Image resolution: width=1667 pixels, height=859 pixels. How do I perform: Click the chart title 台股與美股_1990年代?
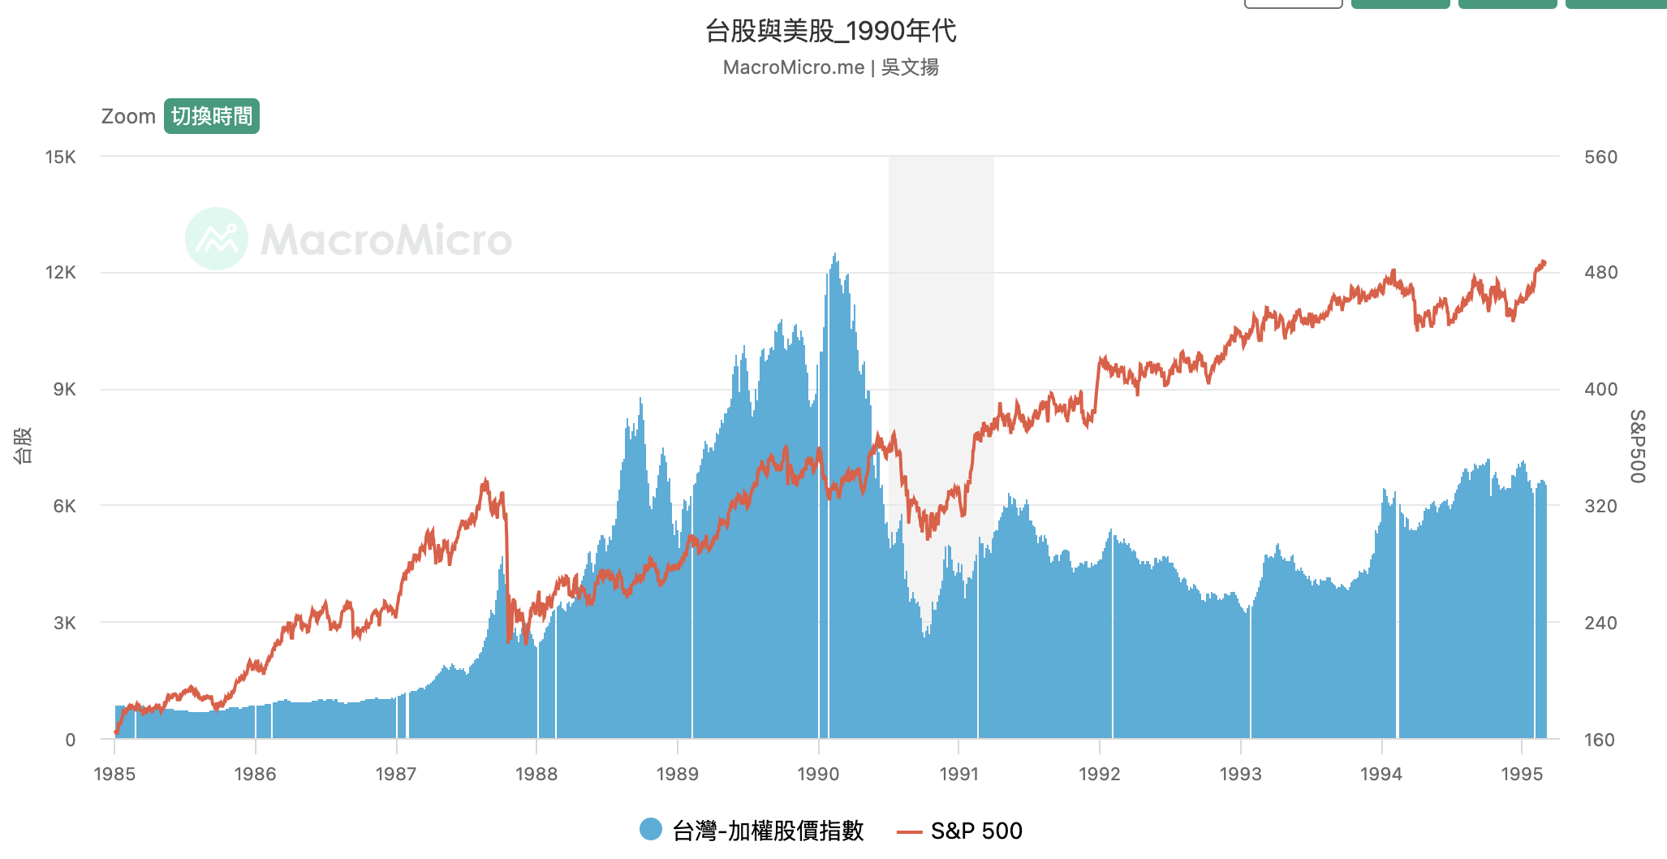click(830, 31)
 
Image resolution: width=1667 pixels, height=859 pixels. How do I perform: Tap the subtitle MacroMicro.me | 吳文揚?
click(830, 67)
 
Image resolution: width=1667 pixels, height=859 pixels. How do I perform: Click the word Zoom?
click(128, 116)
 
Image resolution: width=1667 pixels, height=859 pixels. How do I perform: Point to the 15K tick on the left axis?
click(61, 157)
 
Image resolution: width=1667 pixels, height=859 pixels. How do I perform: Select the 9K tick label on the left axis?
click(64, 390)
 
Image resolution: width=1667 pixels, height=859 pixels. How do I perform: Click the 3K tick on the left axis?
click(64, 623)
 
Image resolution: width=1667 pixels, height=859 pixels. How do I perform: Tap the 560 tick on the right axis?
click(1600, 157)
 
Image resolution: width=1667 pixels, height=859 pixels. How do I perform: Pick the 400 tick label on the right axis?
click(1600, 390)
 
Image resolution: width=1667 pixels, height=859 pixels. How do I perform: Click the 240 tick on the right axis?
click(1600, 623)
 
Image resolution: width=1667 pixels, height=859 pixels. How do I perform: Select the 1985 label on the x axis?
click(114, 774)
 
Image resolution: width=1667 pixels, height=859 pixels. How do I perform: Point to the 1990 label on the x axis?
click(818, 774)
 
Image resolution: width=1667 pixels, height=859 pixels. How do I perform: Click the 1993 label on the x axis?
click(1240, 774)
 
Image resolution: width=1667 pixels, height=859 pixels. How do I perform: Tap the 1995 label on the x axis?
click(1522, 774)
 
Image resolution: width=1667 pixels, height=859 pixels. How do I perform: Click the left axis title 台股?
click(23, 445)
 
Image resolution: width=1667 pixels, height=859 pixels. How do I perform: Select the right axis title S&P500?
click(1638, 446)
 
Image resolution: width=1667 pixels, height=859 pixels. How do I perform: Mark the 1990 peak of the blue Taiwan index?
click(834, 255)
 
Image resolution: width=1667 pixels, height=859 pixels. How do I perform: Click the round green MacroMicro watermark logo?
click(217, 239)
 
